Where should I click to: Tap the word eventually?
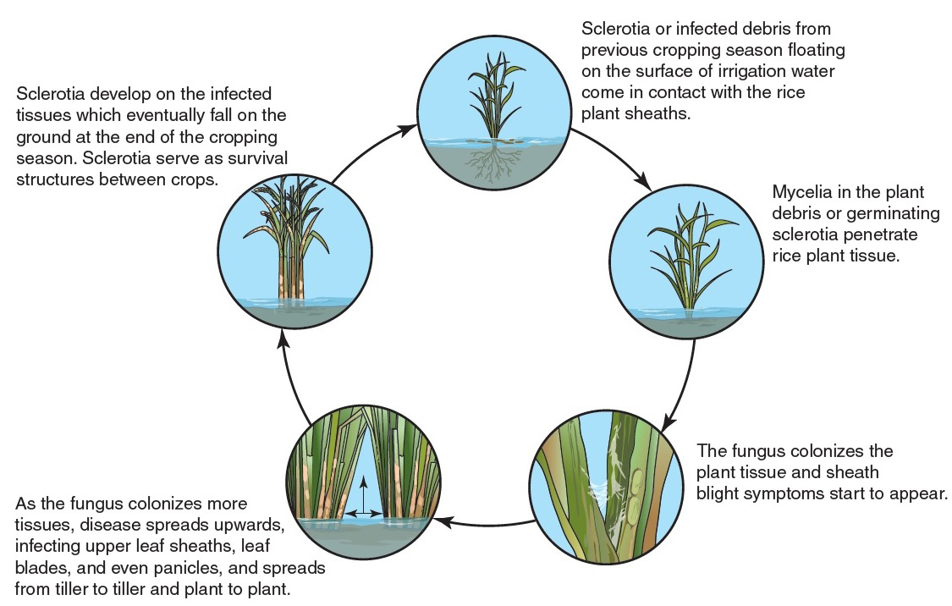click(176, 115)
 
